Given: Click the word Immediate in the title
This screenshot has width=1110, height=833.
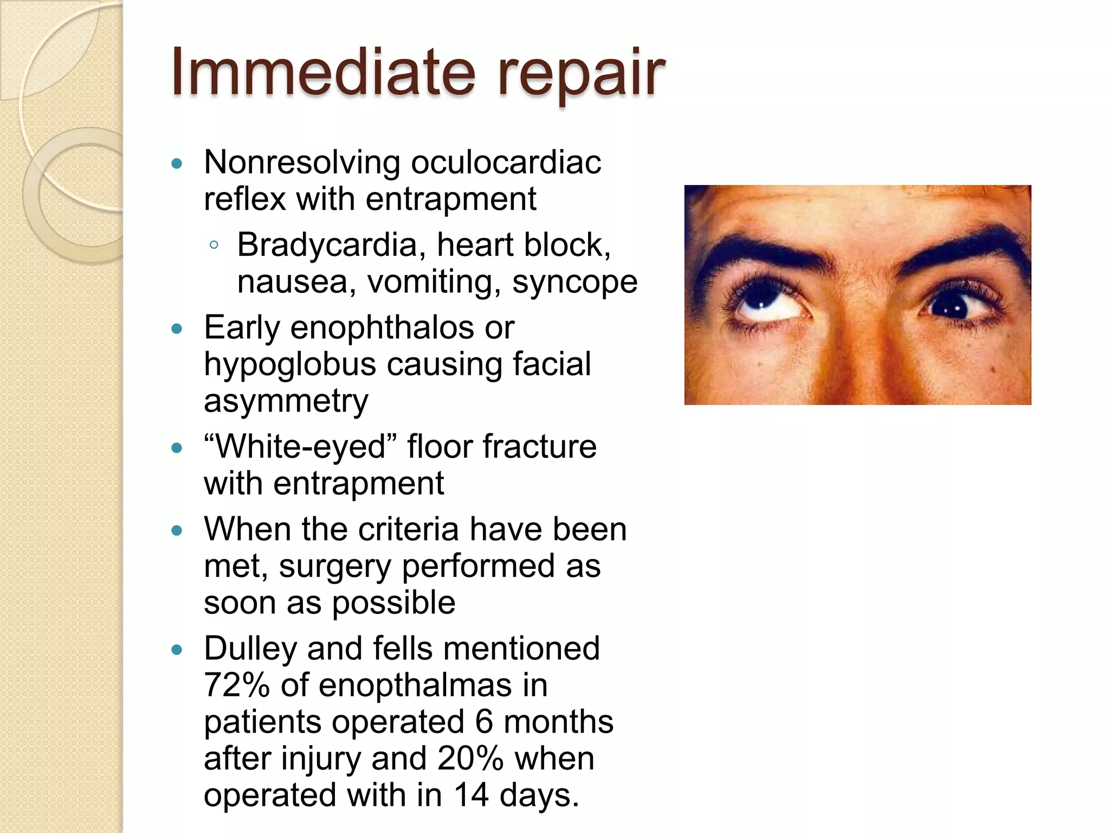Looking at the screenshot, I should [x=323, y=72].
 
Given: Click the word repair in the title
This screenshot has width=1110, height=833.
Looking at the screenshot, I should [x=580, y=76].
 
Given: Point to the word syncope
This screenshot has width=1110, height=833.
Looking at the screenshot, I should [x=575, y=283].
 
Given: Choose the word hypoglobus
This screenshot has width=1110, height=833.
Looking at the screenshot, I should [x=290, y=365].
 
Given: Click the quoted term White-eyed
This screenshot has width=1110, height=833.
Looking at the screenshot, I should [x=301, y=447].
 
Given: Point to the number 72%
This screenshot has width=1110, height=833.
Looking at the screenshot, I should [x=237, y=685].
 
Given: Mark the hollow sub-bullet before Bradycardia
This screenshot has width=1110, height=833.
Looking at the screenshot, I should [x=214, y=245].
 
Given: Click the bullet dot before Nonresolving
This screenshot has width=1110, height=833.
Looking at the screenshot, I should [x=176, y=163].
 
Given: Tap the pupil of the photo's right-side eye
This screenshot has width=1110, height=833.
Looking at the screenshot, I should [x=951, y=307].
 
